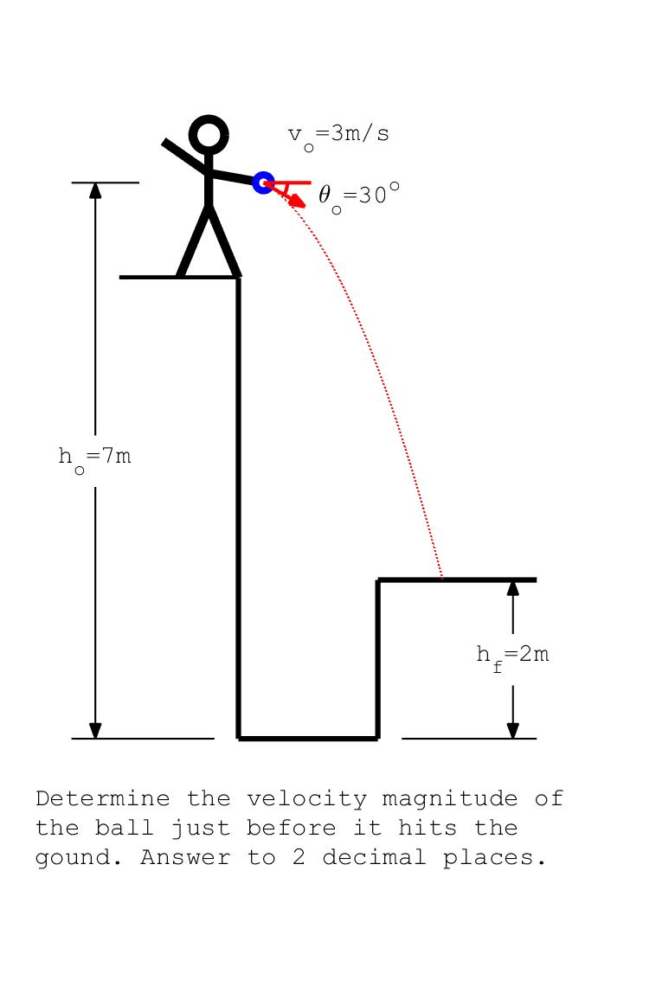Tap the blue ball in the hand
click(x=263, y=183)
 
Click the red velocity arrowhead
click(x=299, y=200)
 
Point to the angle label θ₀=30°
click(x=359, y=197)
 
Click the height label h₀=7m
click(x=94, y=458)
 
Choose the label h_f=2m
click(x=512, y=656)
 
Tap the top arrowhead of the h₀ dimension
click(x=95, y=190)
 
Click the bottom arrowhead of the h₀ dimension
click(x=95, y=730)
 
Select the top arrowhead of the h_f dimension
click(x=512, y=587)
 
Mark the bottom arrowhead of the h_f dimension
click(x=512, y=730)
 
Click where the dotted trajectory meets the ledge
click(x=442, y=579)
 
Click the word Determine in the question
click(x=103, y=798)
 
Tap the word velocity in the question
click(x=306, y=798)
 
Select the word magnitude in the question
click(x=449, y=800)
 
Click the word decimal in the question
click(x=374, y=857)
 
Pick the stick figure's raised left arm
click(x=185, y=156)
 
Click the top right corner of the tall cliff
click(x=239, y=278)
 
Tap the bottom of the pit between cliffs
click(x=308, y=739)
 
